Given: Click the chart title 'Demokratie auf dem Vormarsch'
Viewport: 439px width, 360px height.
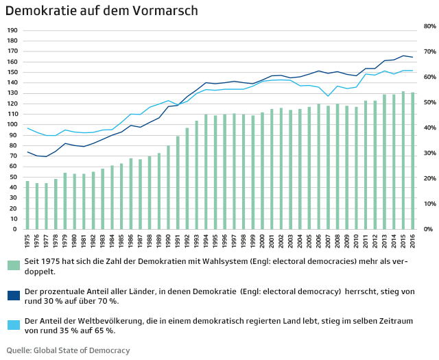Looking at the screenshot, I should pos(102,10).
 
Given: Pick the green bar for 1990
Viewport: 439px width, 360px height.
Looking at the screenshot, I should pos(168,187).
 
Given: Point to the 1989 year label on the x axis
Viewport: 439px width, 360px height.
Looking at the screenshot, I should pos(158,242).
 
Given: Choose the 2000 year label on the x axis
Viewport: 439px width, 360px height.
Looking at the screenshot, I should pos(262,242).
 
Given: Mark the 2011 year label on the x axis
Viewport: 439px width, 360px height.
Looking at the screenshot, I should pos(365,242).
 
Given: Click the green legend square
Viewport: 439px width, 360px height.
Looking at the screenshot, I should pos(13,265).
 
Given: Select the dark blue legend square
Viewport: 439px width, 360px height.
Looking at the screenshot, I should pos(13,295).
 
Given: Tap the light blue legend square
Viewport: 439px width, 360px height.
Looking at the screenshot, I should pos(13,324).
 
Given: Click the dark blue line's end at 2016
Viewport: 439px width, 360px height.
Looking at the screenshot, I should pos(412,57).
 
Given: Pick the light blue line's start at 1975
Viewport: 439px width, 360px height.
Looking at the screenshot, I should pos(27,128).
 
